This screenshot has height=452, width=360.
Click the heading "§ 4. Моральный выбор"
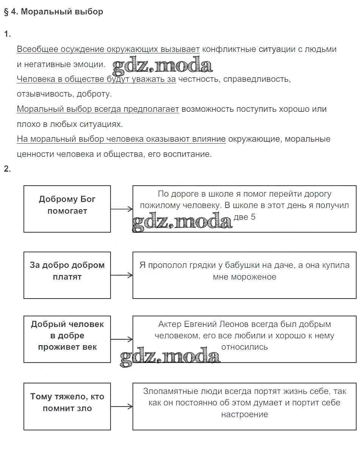53,12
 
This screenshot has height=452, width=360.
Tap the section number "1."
8,34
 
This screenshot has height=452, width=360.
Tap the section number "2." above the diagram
8,169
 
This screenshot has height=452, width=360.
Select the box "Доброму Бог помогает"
67,209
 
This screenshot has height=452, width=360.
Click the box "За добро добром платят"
67,275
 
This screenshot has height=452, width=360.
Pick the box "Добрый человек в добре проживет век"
67,339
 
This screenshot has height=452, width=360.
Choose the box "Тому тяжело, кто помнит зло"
67,407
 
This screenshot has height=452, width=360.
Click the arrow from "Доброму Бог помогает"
122,209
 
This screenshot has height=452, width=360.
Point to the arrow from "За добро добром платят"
122,275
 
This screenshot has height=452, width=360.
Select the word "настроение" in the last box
245,414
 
